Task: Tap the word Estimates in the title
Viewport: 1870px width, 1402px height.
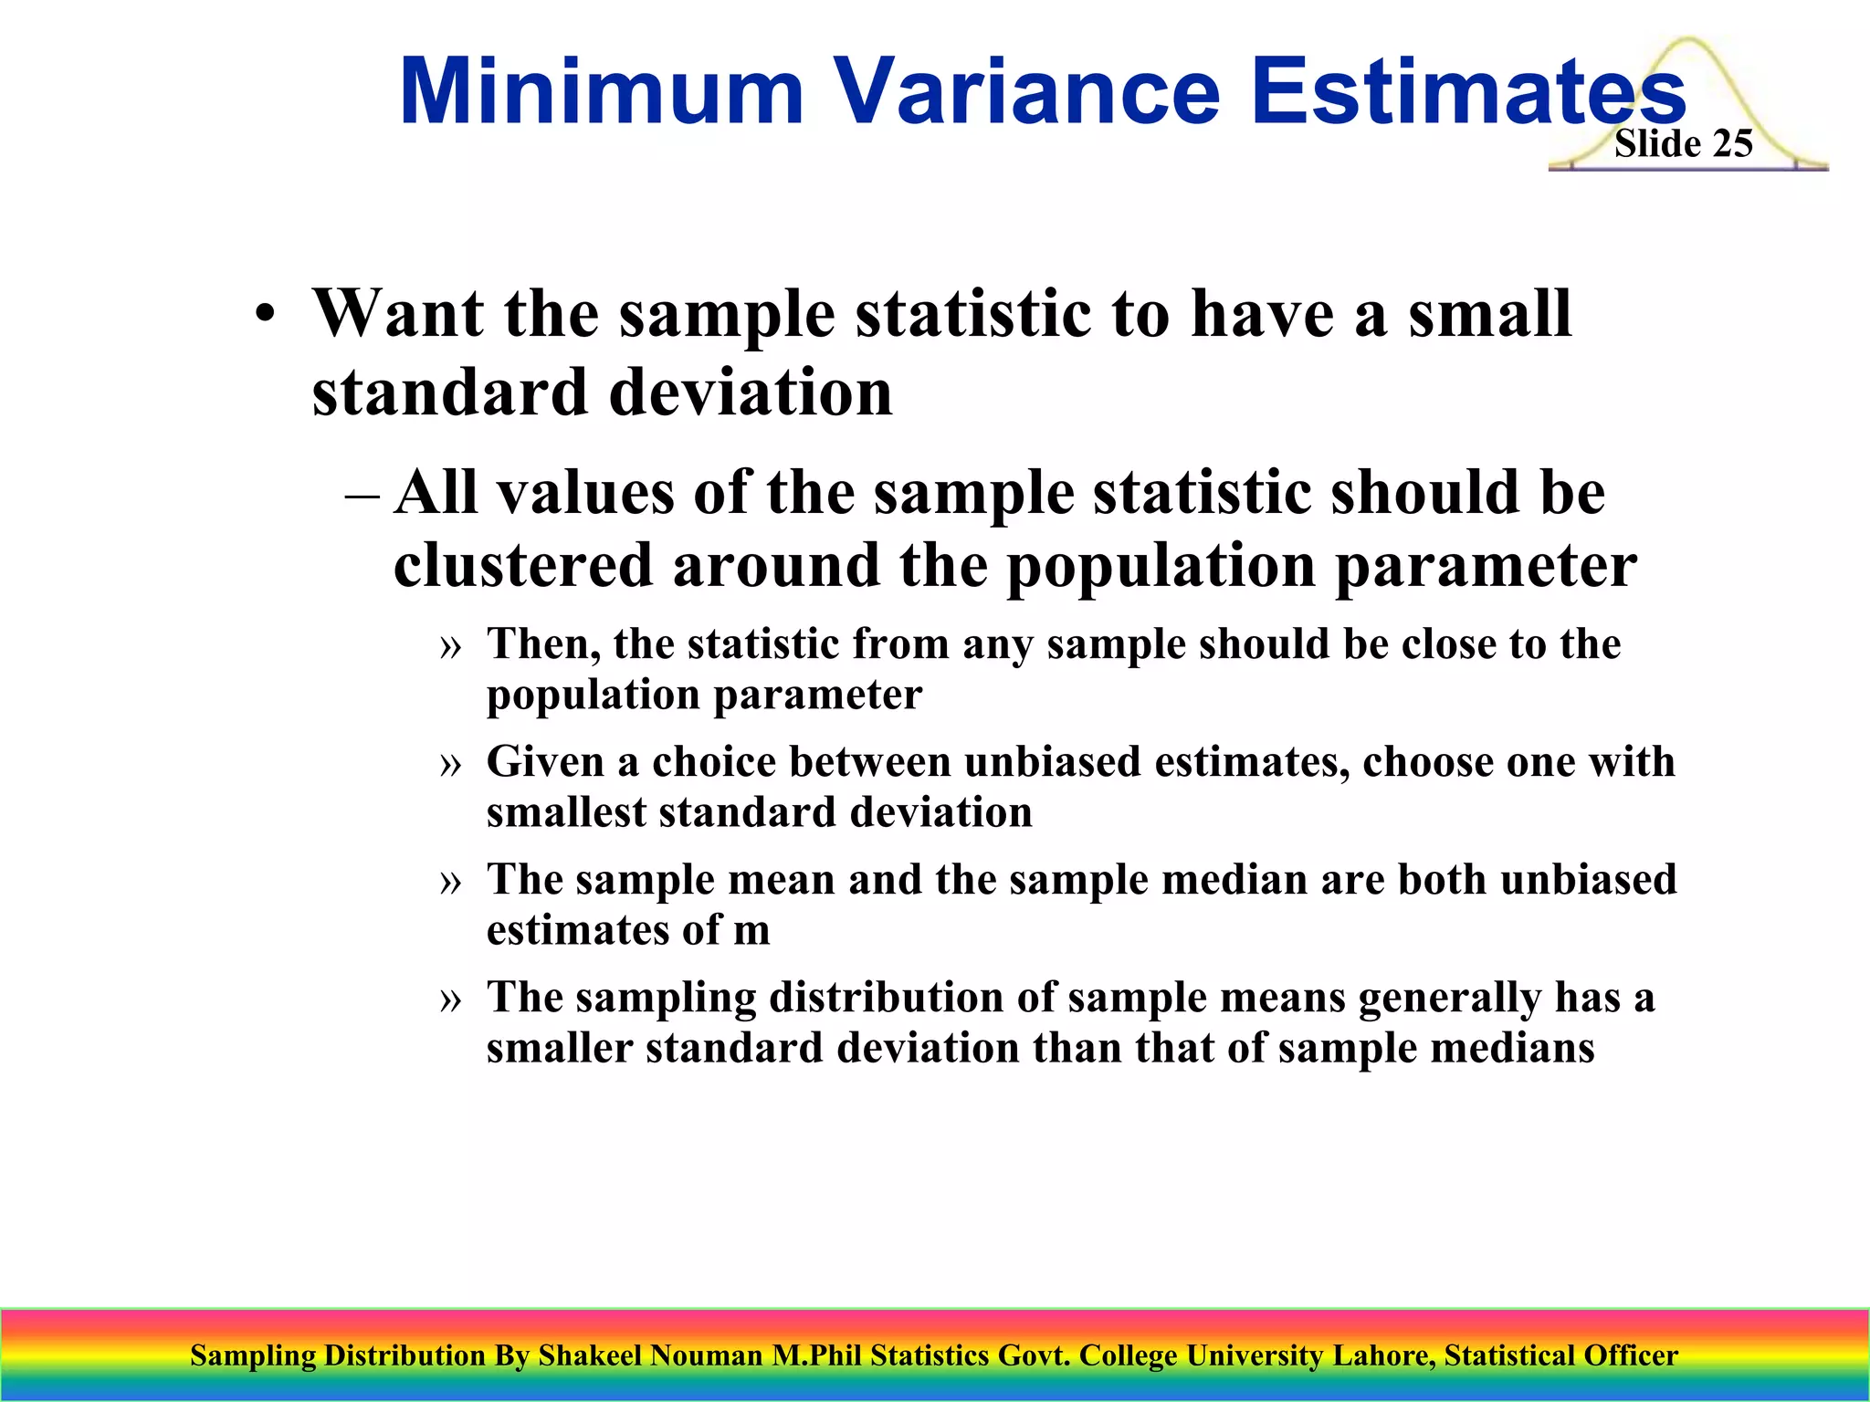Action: pos(1466,92)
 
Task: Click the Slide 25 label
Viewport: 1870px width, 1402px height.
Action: pos(1683,144)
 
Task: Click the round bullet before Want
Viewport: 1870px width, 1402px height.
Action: pos(265,316)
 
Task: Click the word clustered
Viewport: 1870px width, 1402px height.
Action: pos(523,565)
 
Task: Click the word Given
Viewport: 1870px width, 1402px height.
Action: pos(545,761)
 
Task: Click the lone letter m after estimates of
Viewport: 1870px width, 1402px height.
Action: pos(751,931)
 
